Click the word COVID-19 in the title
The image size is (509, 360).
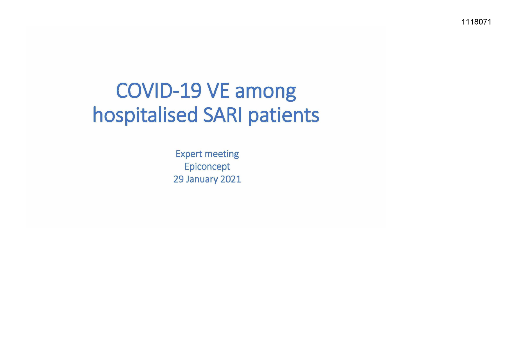click(159, 91)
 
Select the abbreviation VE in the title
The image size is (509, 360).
click(218, 91)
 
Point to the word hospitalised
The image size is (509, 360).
click(145, 115)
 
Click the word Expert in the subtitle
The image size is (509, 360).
click(189, 154)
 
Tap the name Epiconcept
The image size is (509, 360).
click(207, 167)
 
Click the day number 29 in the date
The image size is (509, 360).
click(178, 179)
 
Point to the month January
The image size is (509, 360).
click(202, 180)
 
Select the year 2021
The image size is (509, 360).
click(231, 179)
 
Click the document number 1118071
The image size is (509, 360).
click(476, 22)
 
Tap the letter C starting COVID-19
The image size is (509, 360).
click(122, 91)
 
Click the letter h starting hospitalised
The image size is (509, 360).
click(98, 115)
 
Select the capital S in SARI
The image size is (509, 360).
click(208, 115)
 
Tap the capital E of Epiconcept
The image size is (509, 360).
click(187, 166)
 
